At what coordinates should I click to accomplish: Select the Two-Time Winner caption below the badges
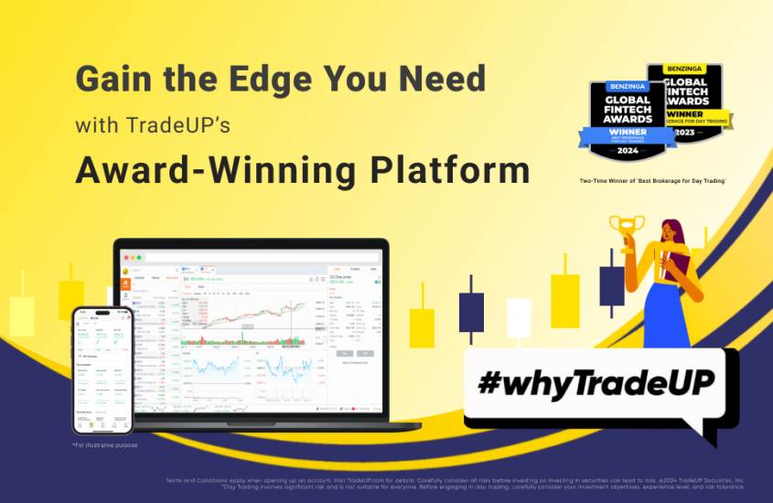click(x=652, y=180)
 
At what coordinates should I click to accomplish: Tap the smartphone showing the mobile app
click(x=102, y=369)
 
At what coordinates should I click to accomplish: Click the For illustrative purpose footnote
click(x=103, y=444)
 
